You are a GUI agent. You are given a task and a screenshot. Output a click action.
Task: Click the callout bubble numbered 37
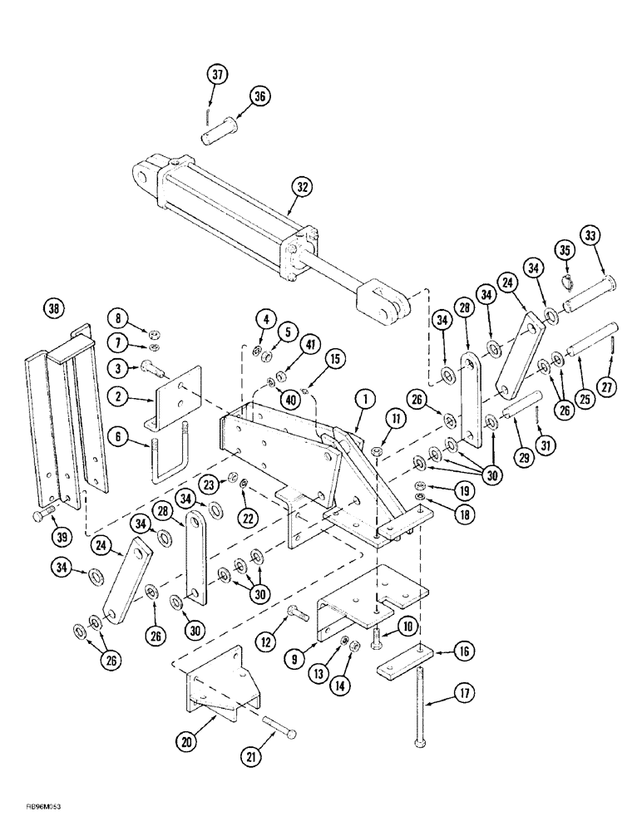(x=218, y=76)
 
